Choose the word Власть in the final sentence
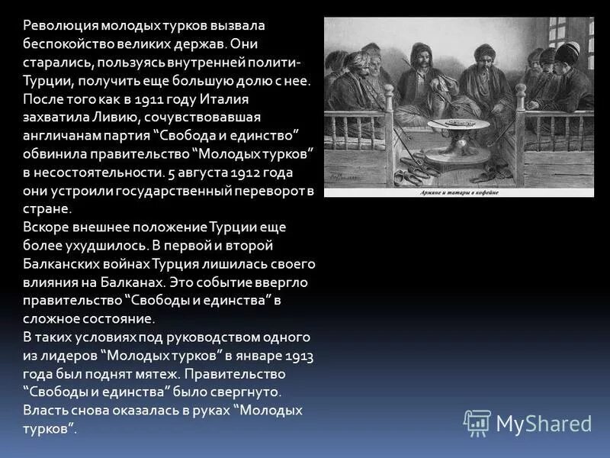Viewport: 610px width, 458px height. pos(46,411)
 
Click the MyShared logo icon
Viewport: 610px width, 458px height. pos(477,422)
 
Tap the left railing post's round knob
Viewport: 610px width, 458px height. pos(388,90)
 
